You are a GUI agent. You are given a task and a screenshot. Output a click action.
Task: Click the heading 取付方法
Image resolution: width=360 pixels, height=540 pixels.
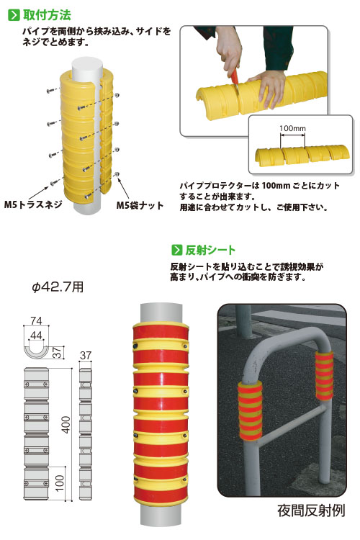[x=47, y=15]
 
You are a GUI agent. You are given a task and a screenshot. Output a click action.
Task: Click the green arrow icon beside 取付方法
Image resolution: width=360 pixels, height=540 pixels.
[x=14, y=15]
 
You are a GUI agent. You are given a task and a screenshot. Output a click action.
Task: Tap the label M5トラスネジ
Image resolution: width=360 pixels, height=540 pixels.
[x=32, y=204]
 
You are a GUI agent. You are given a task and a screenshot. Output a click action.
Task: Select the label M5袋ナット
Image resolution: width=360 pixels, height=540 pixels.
[x=140, y=206]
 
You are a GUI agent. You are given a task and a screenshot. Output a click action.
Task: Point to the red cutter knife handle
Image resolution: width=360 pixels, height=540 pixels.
[x=234, y=76]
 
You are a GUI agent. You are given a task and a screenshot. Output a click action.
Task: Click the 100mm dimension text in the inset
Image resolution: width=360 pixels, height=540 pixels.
[x=292, y=128]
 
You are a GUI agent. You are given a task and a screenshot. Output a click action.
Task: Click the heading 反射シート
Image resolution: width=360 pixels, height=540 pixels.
[x=210, y=250]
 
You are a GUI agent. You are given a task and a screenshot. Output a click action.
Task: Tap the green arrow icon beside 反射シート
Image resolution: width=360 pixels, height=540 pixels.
[x=176, y=250]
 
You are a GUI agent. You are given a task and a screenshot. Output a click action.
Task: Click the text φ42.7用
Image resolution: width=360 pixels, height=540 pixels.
[x=58, y=287]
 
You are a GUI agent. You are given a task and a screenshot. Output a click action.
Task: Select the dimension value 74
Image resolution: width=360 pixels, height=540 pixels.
[x=36, y=320]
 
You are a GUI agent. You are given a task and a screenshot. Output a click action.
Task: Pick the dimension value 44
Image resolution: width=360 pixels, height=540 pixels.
[x=36, y=335]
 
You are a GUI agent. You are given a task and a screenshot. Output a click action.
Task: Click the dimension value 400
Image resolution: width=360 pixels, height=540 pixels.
[x=66, y=425]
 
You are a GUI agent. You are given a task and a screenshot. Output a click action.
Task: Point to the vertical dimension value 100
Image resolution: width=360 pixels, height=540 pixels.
[x=60, y=483]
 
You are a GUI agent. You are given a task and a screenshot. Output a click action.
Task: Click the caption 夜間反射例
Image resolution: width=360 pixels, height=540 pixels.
[x=311, y=510]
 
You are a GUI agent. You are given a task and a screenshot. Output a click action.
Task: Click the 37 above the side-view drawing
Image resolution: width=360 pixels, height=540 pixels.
[x=86, y=356]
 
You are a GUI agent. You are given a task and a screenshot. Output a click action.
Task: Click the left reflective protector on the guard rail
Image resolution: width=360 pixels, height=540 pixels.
[x=250, y=410]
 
